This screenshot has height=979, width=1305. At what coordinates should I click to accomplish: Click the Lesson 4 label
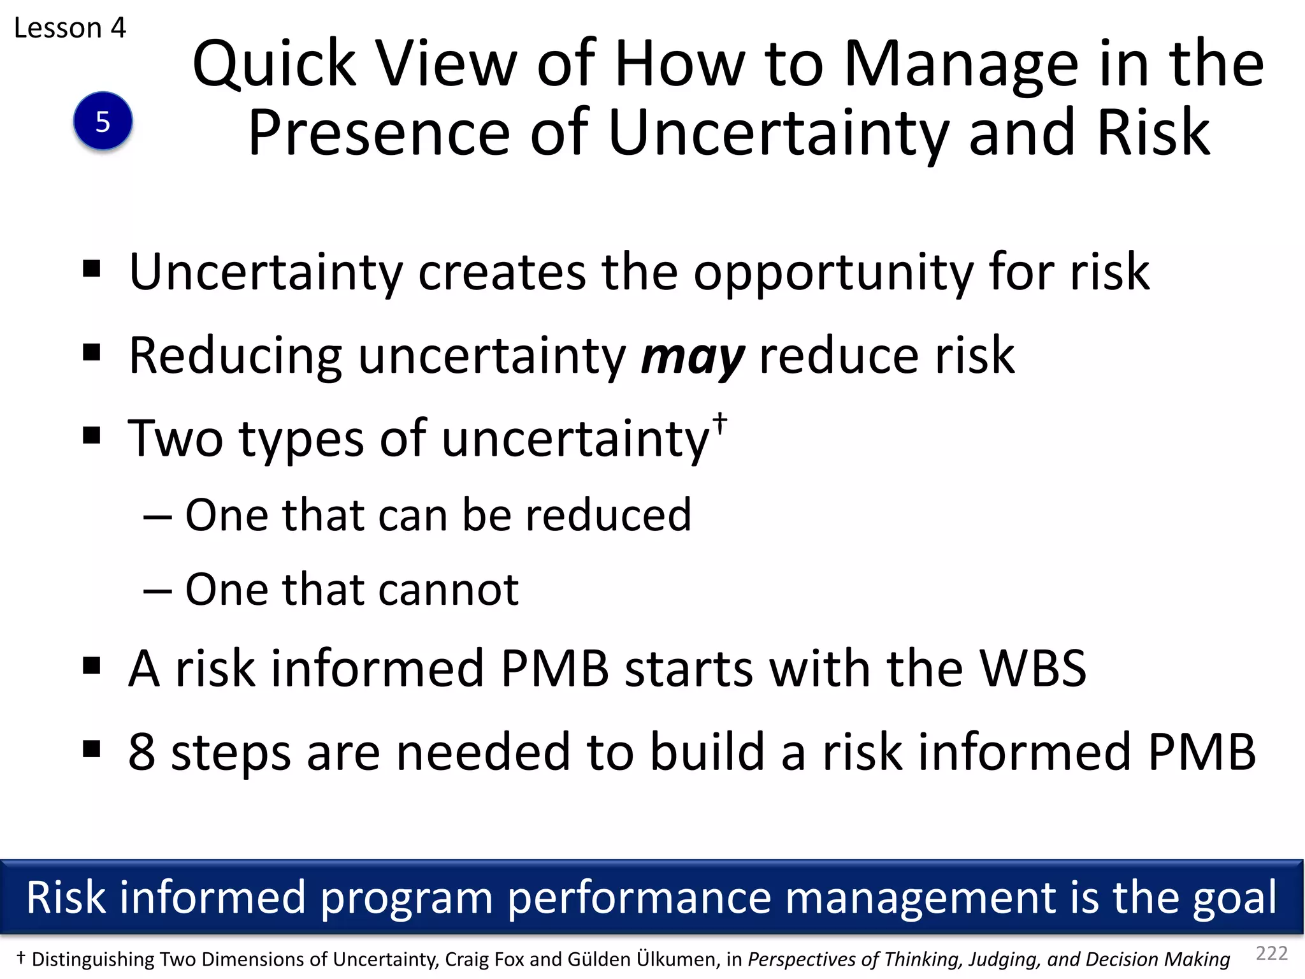(70, 28)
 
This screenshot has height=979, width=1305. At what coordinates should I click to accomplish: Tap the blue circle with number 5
(103, 121)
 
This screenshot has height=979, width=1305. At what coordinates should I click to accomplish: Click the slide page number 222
(1271, 953)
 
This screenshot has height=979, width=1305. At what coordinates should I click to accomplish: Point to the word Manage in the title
(961, 65)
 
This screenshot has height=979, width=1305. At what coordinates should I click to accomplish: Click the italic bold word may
(692, 357)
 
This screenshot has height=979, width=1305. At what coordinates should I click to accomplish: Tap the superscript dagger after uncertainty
(719, 423)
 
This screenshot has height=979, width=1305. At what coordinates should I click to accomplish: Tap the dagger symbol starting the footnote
(21, 957)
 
